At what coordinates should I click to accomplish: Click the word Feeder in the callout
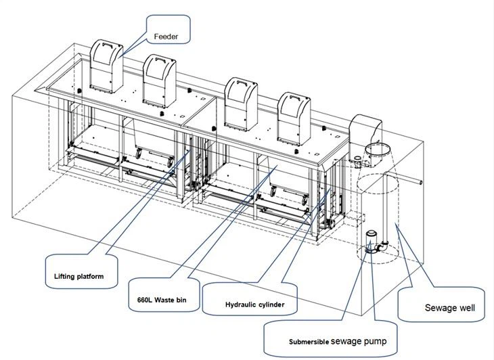(166, 37)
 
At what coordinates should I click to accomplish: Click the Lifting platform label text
(78, 277)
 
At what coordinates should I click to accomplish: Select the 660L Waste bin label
(162, 300)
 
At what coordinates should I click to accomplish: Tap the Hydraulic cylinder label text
(255, 305)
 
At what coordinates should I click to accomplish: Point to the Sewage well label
(449, 308)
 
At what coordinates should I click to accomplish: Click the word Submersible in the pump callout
(309, 342)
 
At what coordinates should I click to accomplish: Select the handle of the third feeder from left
(241, 83)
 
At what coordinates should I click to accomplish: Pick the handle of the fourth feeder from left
(295, 97)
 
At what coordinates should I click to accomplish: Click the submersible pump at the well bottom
(371, 242)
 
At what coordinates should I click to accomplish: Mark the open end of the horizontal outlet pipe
(421, 182)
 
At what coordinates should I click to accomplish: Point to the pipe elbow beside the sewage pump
(383, 246)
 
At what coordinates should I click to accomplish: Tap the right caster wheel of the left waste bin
(170, 163)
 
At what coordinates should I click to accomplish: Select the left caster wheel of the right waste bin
(272, 191)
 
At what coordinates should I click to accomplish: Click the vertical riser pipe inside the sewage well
(384, 207)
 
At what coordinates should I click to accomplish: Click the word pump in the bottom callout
(377, 342)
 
